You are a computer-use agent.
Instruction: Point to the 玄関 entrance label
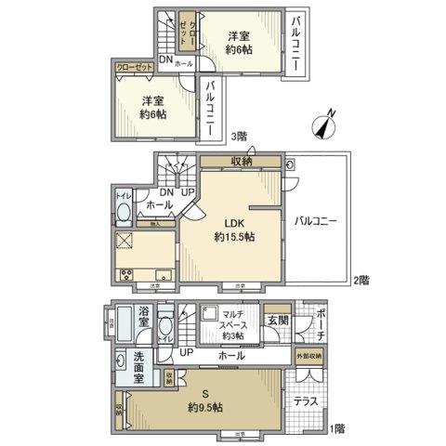click(278, 321)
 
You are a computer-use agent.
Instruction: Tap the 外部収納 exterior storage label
click(309, 356)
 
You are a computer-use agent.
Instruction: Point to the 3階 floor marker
click(240, 136)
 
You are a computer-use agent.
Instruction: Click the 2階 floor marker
click(363, 280)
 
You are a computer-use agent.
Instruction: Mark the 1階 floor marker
click(340, 428)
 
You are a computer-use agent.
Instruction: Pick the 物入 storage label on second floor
click(156, 223)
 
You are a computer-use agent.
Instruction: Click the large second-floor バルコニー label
click(317, 221)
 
